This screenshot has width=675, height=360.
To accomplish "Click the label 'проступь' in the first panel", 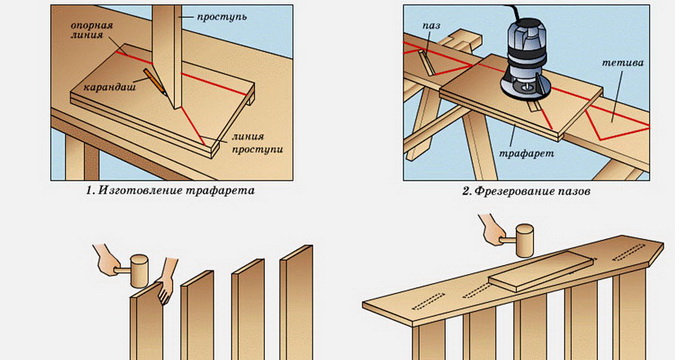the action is click(x=222, y=17).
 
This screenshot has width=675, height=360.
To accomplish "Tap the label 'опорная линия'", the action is click(x=91, y=30).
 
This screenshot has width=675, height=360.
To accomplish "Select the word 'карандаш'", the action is click(x=109, y=87).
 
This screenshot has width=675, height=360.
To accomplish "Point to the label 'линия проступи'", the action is click(x=257, y=143).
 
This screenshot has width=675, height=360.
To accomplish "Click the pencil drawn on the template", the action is click(x=155, y=82).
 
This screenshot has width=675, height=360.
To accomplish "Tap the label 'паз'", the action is click(x=431, y=26).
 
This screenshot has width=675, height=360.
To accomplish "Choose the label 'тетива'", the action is click(x=622, y=63).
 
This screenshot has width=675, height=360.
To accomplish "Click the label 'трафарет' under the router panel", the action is click(x=526, y=153).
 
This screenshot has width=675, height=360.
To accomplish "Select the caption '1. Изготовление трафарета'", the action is click(x=170, y=190).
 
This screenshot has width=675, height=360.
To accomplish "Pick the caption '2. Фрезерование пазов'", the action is click(x=526, y=191).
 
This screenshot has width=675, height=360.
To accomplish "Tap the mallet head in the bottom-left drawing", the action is click(x=139, y=270).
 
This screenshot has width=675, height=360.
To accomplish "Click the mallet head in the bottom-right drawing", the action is click(x=524, y=235).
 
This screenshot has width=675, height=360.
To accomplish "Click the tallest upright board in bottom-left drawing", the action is click(x=297, y=302).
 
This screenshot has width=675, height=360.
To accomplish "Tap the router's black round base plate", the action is click(x=525, y=88).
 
